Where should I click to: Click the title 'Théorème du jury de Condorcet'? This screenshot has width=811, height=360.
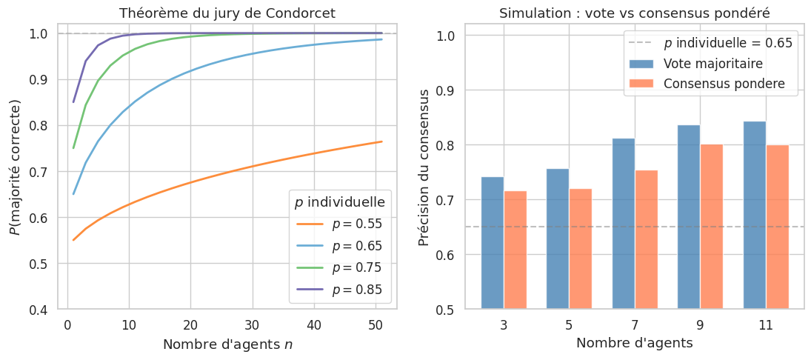click(x=227, y=13)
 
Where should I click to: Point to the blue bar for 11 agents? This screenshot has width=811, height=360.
click(x=755, y=215)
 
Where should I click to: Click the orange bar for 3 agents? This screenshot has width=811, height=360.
click(x=515, y=250)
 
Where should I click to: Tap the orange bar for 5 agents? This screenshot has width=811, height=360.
click(x=581, y=248)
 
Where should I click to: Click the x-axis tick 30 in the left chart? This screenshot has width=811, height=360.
click(x=253, y=324)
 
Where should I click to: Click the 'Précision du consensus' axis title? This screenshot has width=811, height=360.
click(x=424, y=167)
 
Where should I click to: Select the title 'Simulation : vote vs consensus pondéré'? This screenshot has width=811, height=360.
click(x=635, y=13)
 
